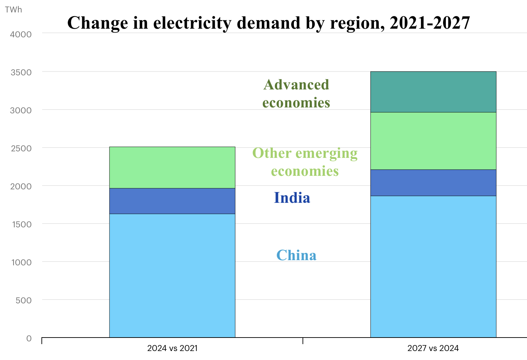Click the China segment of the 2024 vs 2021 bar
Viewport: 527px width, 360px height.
[x=172, y=275]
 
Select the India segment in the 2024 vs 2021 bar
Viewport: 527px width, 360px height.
[x=172, y=201]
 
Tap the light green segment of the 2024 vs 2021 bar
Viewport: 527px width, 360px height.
[x=172, y=168]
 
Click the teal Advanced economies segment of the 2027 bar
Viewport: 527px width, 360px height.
[x=433, y=92]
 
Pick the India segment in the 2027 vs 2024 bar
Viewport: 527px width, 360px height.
[x=433, y=183]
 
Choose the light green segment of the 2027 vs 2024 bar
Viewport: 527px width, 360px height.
[x=433, y=141]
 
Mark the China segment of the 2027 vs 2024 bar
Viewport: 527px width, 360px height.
[x=433, y=266]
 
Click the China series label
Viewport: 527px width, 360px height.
[x=296, y=255]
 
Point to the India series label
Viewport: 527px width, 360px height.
[x=292, y=198]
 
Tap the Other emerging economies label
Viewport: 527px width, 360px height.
[x=305, y=162]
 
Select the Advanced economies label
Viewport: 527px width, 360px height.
[x=296, y=94]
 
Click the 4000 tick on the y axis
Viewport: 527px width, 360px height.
[x=21, y=34]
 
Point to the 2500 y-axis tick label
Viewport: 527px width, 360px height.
[x=21, y=148]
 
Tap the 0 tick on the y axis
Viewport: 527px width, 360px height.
[x=29, y=338]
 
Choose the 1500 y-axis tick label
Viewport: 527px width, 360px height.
[x=21, y=224]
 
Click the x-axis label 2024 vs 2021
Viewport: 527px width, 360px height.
[x=172, y=348]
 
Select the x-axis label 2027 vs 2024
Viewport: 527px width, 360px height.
[x=433, y=348]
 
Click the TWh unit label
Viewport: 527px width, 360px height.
[x=13, y=10]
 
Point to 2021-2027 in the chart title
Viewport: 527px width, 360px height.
[x=430, y=23]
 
